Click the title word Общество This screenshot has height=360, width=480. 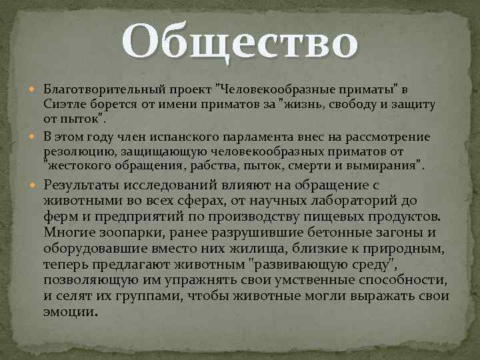point(240,42)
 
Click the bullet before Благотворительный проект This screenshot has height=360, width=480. point(35,89)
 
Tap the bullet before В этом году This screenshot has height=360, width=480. point(35,137)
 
